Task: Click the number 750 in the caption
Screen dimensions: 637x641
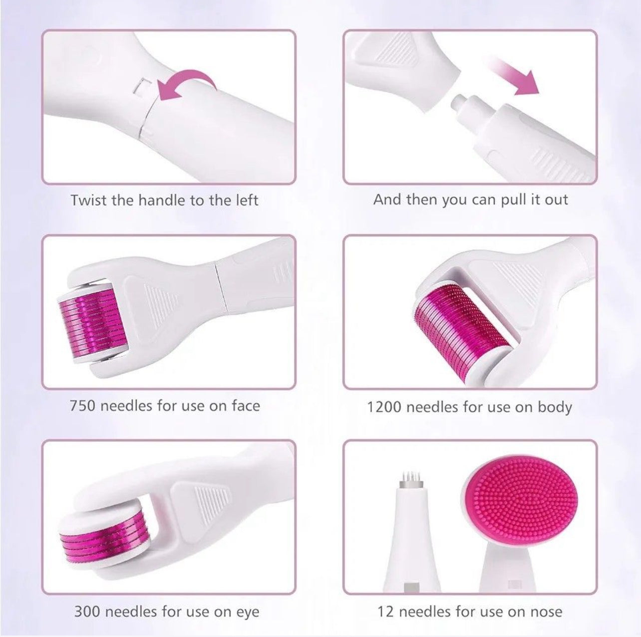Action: [x=82, y=405]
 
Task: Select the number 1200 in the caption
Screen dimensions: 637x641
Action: [x=384, y=407]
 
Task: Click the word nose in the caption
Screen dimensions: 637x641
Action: [x=546, y=611]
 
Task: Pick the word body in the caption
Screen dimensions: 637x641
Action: [x=555, y=407]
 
